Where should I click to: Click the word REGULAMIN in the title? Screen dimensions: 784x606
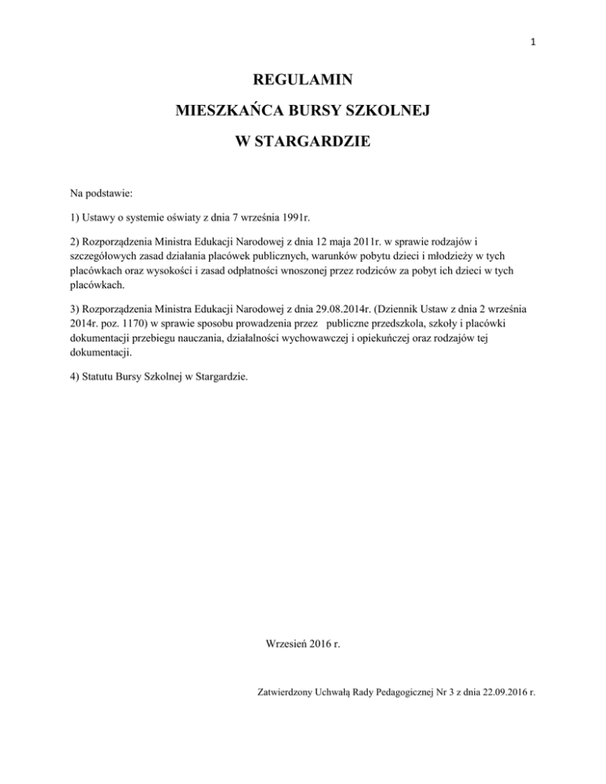tap(301, 80)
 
